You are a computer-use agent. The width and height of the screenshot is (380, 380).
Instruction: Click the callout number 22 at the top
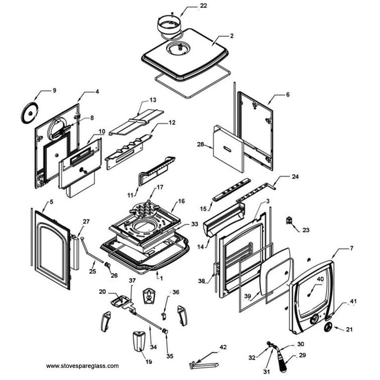click(x=190, y=5)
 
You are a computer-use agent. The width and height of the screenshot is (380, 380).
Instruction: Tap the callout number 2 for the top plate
click(x=232, y=36)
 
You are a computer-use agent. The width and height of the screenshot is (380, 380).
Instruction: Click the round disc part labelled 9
click(x=30, y=112)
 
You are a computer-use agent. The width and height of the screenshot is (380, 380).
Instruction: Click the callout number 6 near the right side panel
click(x=288, y=94)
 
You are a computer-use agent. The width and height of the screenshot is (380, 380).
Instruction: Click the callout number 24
click(x=295, y=177)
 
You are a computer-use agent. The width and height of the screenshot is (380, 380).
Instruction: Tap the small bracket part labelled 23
click(x=289, y=220)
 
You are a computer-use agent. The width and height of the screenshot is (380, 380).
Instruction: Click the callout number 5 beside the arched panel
click(x=51, y=202)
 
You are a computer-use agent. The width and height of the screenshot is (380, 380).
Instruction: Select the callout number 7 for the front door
click(x=352, y=247)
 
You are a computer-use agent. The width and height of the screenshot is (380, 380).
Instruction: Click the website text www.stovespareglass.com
click(x=82, y=366)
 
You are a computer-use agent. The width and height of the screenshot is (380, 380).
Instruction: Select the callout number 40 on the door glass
click(x=320, y=279)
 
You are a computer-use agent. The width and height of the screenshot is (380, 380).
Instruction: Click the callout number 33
click(x=194, y=224)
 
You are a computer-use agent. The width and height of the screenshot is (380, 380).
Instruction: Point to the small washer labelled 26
click(x=107, y=266)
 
